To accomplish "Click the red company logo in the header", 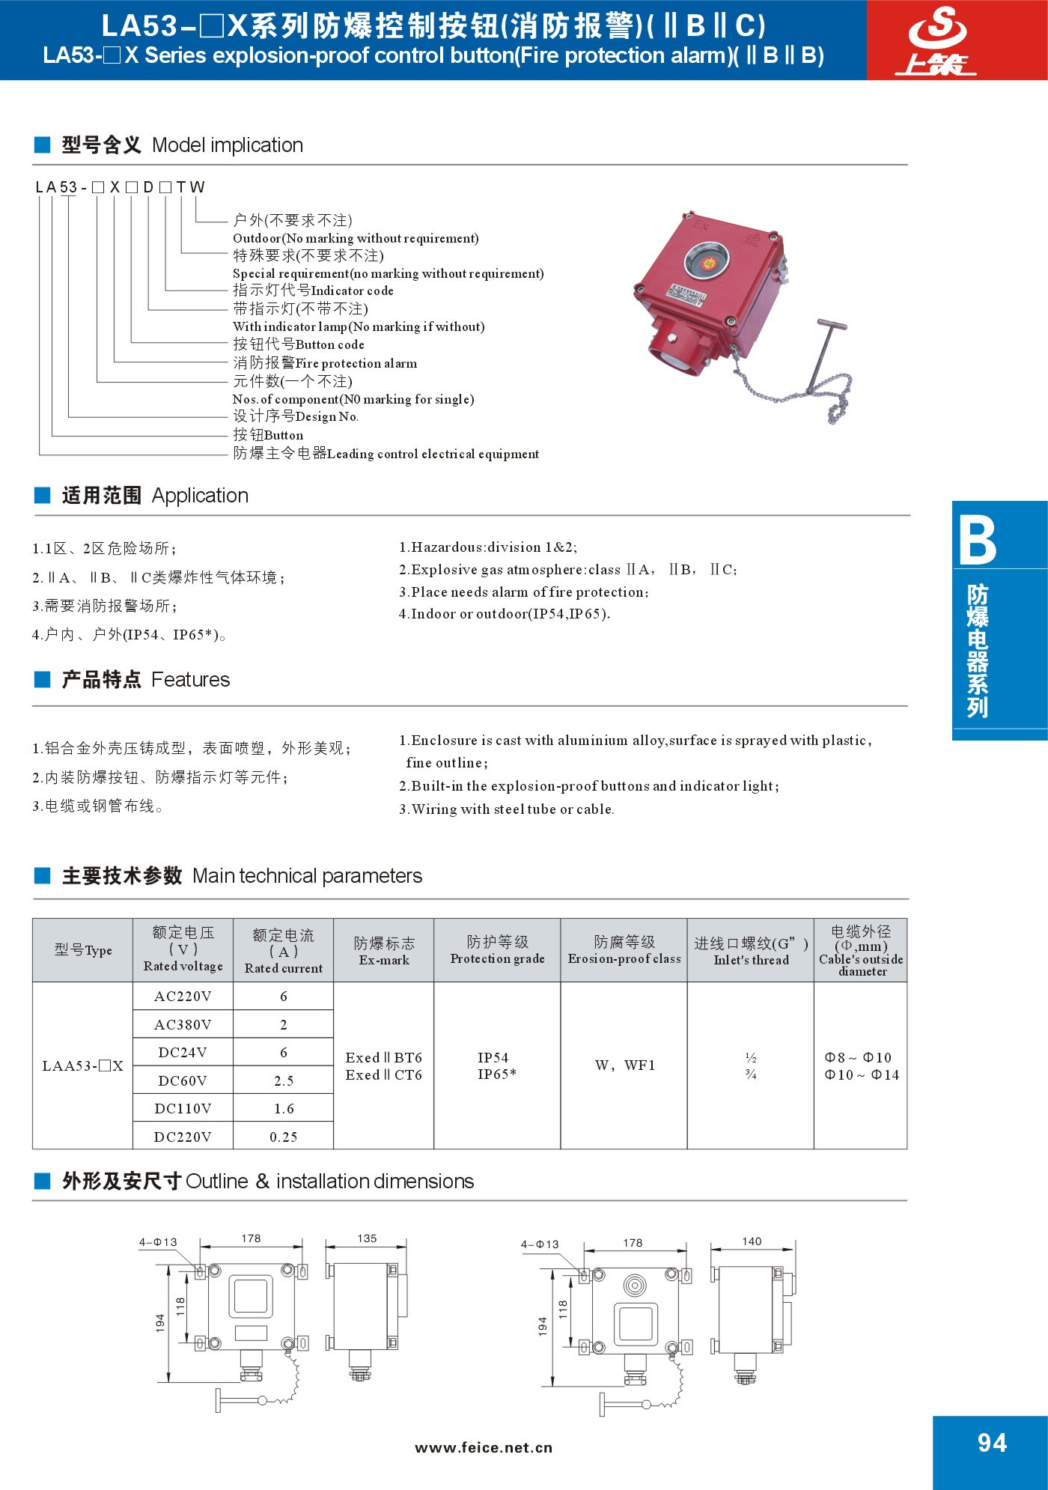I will [937, 40].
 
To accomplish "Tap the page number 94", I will [992, 1444].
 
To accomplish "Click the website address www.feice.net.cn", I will [484, 1447].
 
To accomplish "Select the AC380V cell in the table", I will [183, 1024].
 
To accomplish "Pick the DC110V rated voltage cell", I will [183, 1108].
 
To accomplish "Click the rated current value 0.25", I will [283, 1137].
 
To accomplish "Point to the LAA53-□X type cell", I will [82, 1065].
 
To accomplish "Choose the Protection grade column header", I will [497, 949].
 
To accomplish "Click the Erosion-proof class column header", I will [624, 949].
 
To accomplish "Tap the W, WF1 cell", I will [624, 1065].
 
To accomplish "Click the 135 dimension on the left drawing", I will [367, 1238].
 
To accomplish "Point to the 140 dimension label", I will [752, 1241].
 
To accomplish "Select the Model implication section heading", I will [182, 145].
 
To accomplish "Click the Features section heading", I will [145, 680].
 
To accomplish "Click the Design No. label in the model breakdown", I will [296, 416].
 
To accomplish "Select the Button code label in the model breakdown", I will [299, 344].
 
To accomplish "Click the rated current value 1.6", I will [283, 1108].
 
